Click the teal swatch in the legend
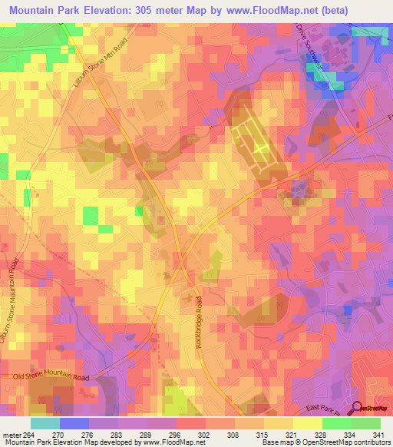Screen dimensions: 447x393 (45, 423)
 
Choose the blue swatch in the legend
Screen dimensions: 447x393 (74, 423)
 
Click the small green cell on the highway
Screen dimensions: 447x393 (139, 211)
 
